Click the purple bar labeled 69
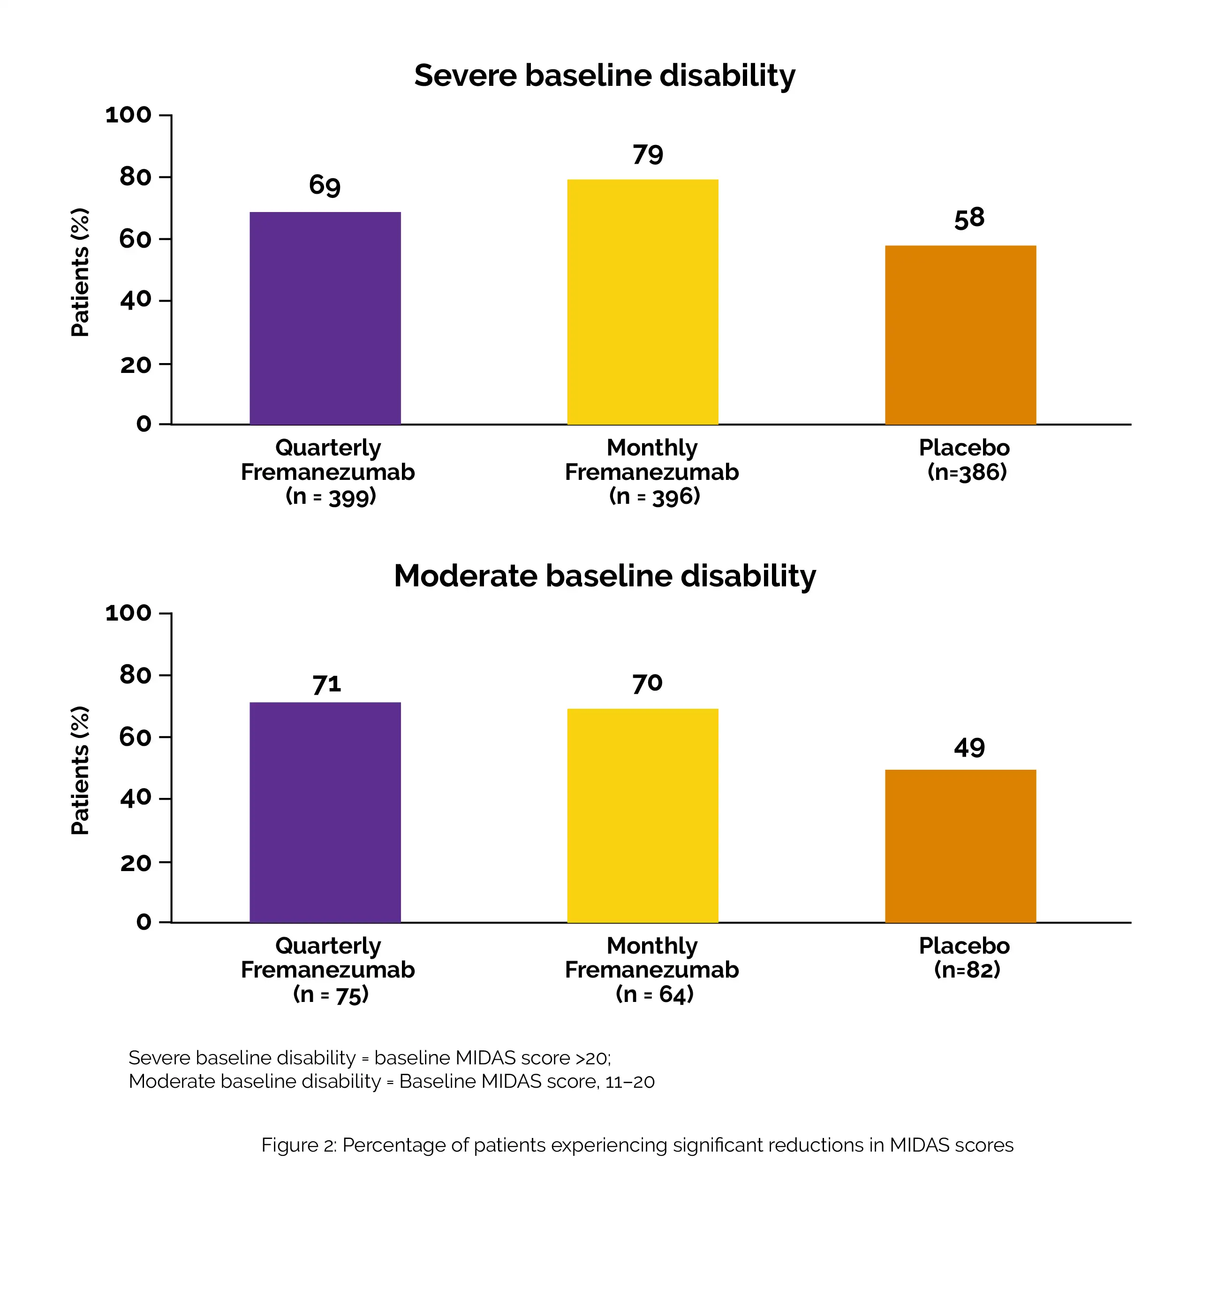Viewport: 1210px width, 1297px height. [x=325, y=319]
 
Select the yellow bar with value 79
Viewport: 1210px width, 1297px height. [x=643, y=302]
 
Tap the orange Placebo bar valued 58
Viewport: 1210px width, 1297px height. [x=960, y=335]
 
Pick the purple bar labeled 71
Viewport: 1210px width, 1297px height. [x=325, y=812]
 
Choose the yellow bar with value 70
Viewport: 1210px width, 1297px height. [x=643, y=816]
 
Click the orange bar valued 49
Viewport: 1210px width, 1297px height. [x=960, y=846]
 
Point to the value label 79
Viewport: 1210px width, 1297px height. [x=648, y=155]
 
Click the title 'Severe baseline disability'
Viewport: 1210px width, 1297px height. [x=605, y=76]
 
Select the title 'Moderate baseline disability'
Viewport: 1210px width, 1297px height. [x=605, y=576]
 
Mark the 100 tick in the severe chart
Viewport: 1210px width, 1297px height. [x=129, y=115]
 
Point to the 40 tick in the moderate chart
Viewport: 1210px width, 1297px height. [x=136, y=798]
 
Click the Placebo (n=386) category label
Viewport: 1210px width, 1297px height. [x=965, y=460]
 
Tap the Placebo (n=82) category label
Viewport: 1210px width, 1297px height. [x=965, y=958]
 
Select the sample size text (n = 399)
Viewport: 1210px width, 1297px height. [x=331, y=496]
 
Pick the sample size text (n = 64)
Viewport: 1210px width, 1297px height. [x=654, y=994]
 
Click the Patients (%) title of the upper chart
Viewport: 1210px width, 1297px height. [x=80, y=272]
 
